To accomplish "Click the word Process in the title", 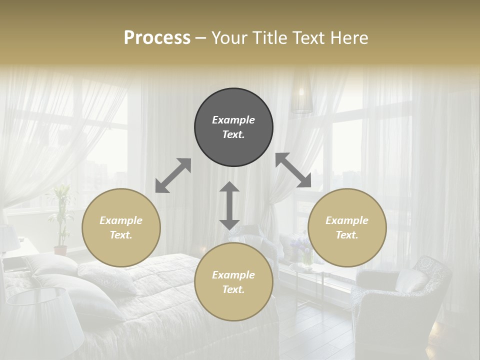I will (157, 38).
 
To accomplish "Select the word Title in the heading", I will (270, 38).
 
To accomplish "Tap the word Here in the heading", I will (348, 38).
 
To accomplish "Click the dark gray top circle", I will (233, 127).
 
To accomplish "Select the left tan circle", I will (121, 227).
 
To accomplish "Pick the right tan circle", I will (347, 227).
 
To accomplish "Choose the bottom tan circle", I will (233, 282).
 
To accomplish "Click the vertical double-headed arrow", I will (229, 205).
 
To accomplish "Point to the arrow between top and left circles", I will (173, 175).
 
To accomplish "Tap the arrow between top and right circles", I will (293, 170).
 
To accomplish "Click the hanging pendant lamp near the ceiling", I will (302, 97).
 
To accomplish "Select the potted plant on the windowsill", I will (60, 220).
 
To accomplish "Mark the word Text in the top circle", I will (233, 134).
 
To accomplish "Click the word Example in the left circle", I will (121, 220).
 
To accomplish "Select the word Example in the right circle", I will (347, 220).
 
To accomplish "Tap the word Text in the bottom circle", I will (233, 289).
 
